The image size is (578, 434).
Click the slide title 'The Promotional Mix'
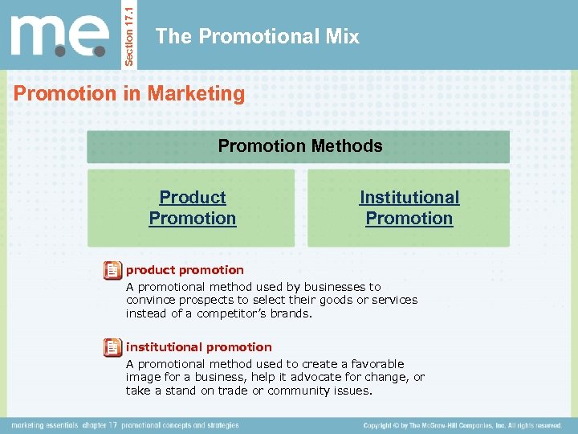click(257, 36)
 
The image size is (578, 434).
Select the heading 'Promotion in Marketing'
click(129, 94)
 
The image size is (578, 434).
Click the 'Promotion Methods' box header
click(300, 146)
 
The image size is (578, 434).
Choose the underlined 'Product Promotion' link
click(193, 207)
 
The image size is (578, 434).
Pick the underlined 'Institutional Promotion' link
click(409, 207)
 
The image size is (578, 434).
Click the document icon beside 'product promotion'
click(113, 270)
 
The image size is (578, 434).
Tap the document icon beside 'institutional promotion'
click(113, 347)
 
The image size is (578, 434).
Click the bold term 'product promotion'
click(185, 270)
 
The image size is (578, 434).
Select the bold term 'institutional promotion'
click(199, 347)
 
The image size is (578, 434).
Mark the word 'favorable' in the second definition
click(377, 364)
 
